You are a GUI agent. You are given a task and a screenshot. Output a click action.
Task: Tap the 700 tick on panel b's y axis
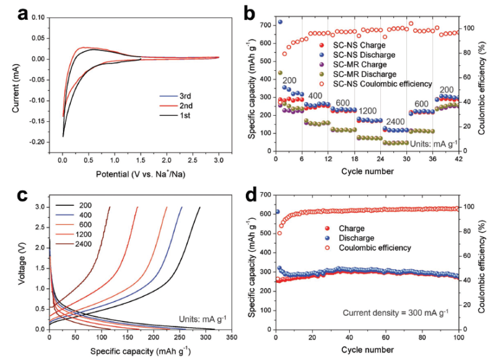click(x=264, y=25)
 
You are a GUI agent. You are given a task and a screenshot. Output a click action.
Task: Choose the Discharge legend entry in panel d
click(x=356, y=238)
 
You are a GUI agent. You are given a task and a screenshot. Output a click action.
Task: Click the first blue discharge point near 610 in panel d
click(x=278, y=212)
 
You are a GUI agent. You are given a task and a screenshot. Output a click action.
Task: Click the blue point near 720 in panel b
click(x=280, y=22)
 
